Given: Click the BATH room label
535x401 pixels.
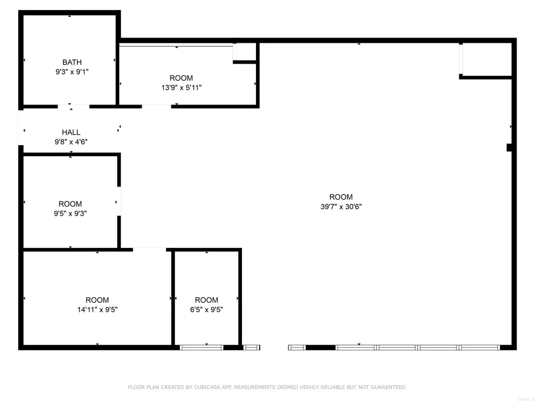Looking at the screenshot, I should coord(72,63).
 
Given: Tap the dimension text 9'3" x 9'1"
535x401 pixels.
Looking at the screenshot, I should coord(72,72).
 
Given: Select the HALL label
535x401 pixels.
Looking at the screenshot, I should coord(71,133).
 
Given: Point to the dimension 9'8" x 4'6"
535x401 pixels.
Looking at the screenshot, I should coord(71,141).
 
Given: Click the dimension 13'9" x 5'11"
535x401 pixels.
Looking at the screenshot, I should coord(181,88).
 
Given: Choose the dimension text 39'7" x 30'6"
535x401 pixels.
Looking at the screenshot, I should coord(341,206).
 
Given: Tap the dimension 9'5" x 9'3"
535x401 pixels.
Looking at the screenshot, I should coord(70,213).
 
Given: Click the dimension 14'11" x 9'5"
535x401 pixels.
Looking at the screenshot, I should coord(97,309).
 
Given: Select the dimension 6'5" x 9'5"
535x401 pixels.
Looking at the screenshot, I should coord(206,309).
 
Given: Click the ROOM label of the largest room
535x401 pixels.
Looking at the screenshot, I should coord(341,197).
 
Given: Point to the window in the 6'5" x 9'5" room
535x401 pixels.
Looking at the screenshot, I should coord(202,347).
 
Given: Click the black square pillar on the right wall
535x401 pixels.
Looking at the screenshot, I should coord(509,148).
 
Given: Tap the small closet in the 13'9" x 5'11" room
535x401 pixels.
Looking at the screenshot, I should coord(245,52).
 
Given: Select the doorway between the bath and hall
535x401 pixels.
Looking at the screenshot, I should coord(73,107).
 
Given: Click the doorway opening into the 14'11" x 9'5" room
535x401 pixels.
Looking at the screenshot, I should coord(149,250).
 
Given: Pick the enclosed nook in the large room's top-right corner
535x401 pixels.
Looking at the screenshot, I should coord(486,60).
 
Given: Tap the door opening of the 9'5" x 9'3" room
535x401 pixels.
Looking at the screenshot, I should coord(119,201).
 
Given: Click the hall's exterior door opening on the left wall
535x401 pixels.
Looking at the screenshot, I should coord(21,127).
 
